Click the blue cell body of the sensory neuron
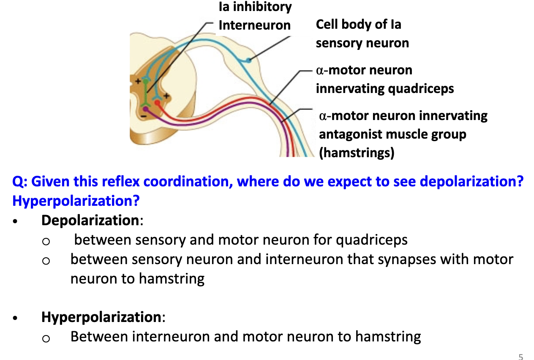point(248,60)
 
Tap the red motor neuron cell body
point(157,102)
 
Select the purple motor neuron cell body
point(145,109)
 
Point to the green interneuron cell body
point(146,80)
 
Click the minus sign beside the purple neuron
point(144,115)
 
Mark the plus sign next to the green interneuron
point(138,80)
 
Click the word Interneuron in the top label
point(254,25)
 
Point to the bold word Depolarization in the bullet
point(90,220)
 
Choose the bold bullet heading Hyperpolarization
point(101,316)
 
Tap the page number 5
point(521,356)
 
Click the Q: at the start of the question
point(20,182)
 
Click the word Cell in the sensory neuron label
point(327,25)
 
